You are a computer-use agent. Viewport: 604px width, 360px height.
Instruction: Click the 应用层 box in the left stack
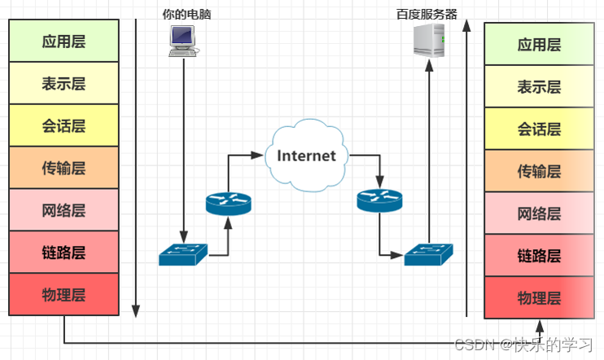(x=64, y=41)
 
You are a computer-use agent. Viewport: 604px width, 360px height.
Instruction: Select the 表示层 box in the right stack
(x=540, y=86)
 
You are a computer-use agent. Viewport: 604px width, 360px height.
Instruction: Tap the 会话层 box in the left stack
(x=64, y=125)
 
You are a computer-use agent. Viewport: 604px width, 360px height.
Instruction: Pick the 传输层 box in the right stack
(x=540, y=171)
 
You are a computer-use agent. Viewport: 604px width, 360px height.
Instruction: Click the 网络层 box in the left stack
(x=64, y=210)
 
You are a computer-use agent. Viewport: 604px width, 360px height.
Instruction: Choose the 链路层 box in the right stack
(x=540, y=256)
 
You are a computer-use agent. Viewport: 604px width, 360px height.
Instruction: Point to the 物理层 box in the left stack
(x=64, y=294)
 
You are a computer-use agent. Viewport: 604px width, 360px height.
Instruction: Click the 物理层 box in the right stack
(x=540, y=297)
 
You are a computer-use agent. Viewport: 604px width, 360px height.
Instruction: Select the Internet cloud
(x=306, y=156)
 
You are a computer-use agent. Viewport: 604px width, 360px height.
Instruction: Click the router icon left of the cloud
(x=229, y=203)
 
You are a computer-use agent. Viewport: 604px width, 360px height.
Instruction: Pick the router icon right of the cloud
(x=379, y=200)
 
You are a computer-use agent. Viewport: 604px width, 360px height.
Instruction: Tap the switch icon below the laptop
(x=183, y=255)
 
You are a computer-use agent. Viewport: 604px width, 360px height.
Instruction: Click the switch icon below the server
(x=428, y=254)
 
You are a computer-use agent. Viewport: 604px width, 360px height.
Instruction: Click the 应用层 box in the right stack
(x=540, y=45)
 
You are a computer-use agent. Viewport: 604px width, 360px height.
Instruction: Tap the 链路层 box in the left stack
(x=64, y=252)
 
